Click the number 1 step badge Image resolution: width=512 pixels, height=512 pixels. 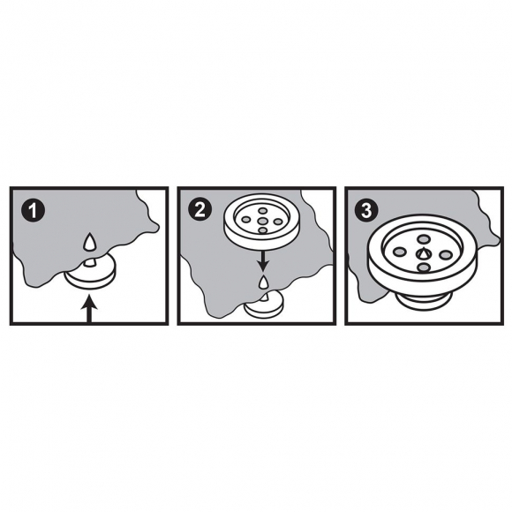[33, 211]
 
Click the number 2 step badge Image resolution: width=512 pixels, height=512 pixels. [200, 209]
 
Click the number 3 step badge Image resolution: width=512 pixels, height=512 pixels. [367, 209]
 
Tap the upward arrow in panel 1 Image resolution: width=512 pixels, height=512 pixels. [89, 308]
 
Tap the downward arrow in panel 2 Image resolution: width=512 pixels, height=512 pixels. [262, 258]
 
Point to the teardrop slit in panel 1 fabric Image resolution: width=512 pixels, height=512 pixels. [89, 242]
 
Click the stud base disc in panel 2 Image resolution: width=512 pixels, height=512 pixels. [265, 305]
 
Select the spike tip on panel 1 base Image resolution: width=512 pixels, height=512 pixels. [89, 261]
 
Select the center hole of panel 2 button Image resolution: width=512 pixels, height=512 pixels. [262, 222]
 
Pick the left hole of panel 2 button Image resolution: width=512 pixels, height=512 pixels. [246, 221]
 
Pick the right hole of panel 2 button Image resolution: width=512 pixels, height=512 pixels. [278, 222]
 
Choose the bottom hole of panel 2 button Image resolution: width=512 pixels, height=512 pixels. [262, 230]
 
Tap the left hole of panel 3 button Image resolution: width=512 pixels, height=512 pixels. [398, 252]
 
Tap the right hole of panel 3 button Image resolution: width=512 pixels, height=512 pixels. [446, 255]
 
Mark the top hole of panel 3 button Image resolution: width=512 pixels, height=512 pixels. [423, 239]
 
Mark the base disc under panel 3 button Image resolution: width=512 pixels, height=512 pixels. [424, 301]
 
